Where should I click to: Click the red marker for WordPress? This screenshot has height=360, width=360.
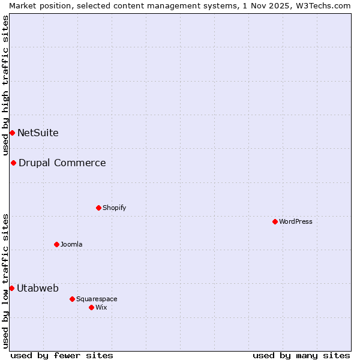[x=275, y=221]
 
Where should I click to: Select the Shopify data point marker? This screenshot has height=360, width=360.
[x=98, y=208]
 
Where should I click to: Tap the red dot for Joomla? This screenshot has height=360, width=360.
[x=56, y=244]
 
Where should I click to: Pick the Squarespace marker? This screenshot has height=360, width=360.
[x=72, y=299]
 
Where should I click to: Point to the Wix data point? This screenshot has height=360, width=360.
[x=91, y=307]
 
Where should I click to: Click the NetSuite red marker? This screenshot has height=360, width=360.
[x=12, y=133]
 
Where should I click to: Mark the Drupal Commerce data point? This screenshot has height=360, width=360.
[x=13, y=163]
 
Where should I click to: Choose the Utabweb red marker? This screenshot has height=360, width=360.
[x=11, y=288]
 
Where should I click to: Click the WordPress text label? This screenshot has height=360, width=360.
[x=296, y=221]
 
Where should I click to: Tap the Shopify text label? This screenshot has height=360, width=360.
[x=114, y=208]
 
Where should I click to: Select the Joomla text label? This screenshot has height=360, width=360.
[x=71, y=244]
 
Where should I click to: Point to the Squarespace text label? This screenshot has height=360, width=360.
[x=97, y=299]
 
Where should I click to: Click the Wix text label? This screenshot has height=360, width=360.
[x=101, y=307]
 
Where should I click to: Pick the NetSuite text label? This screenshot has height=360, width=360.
[x=38, y=133]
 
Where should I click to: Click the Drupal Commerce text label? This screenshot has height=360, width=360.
[x=62, y=163]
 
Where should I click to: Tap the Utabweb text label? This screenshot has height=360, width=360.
[x=38, y=288]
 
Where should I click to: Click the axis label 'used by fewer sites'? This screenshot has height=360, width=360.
[x=62, y=355]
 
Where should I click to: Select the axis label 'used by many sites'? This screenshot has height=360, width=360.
[x=301, y=355]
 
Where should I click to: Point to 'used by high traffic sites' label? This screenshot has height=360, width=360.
[x=5, y=85]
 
